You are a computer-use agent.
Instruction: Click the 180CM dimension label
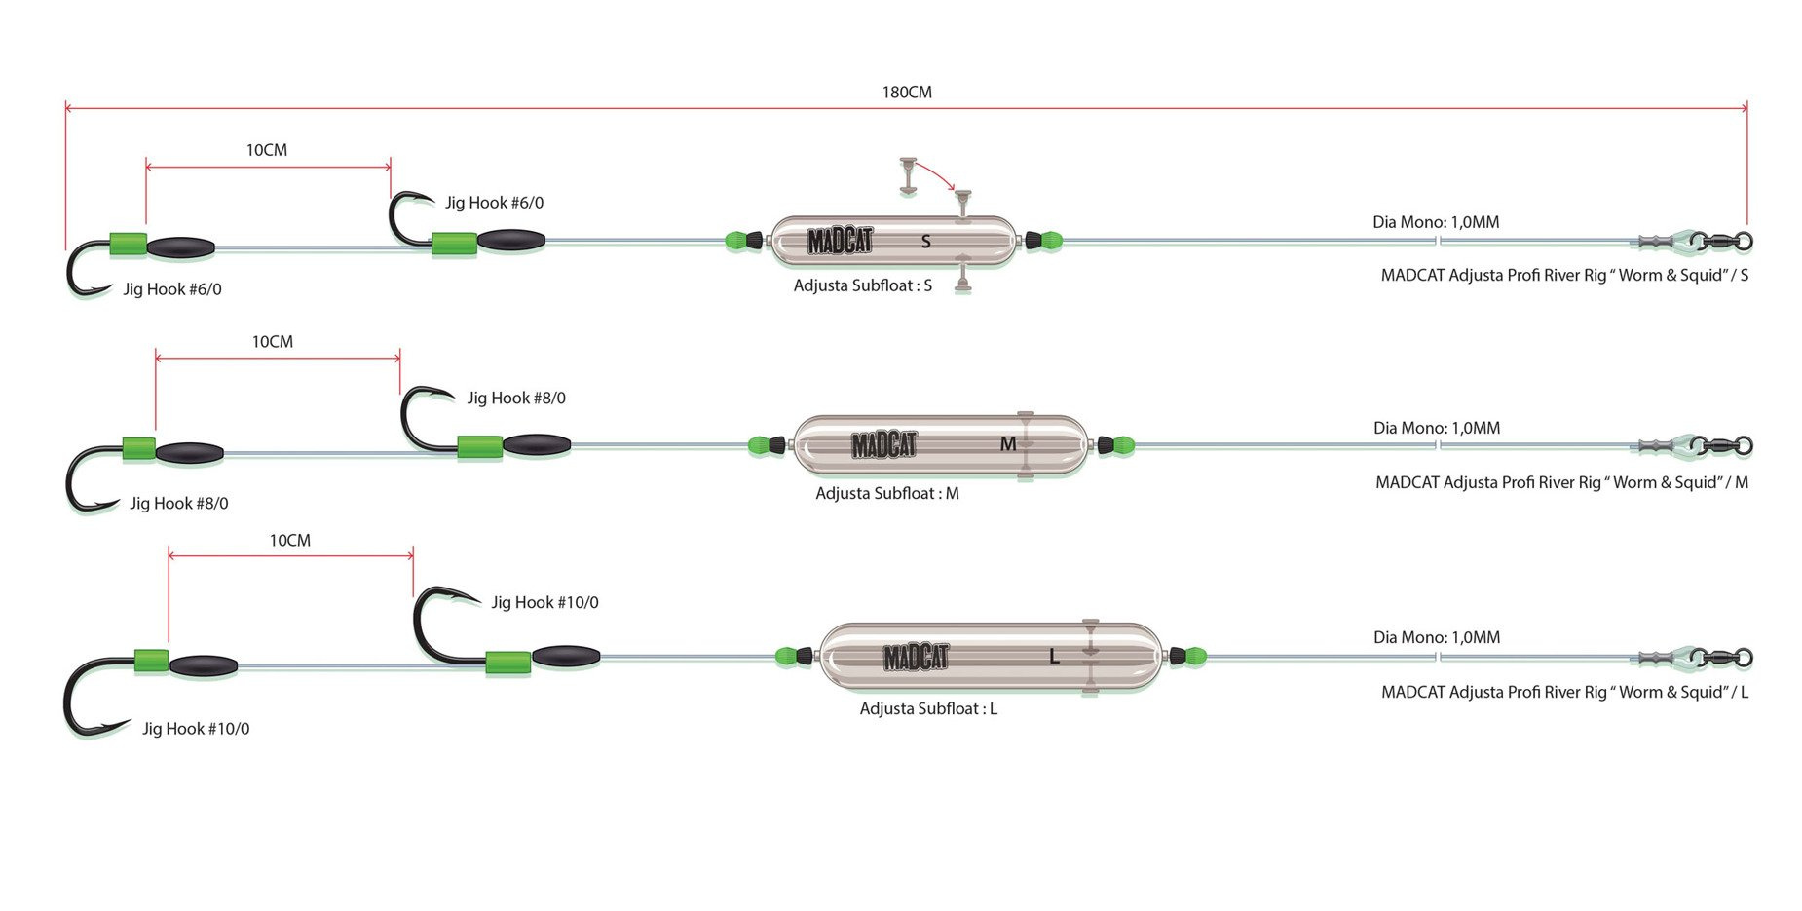(x=907, y=93)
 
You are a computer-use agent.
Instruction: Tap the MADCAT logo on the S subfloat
(x=840, y=241)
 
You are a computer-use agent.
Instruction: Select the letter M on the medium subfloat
(x=1008, y=444)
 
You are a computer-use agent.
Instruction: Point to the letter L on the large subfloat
(x=1054, y=657)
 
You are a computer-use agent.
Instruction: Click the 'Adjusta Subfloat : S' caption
(x=862, y=285)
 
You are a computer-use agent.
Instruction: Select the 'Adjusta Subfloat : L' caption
(x=928, y=708)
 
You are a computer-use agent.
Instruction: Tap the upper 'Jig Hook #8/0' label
(x=516, y=398)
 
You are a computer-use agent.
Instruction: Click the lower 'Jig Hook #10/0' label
(x=196, y=729)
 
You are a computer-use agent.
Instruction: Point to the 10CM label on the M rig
(x=273, y=342)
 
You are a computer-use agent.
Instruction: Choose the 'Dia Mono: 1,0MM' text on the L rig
(x=1437, y=637)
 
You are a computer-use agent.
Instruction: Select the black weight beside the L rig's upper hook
(x=565, y=655)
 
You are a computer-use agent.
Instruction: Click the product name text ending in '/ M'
(x=1561, y=482)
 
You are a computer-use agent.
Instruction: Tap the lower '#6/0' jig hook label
(x=172, y=289)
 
